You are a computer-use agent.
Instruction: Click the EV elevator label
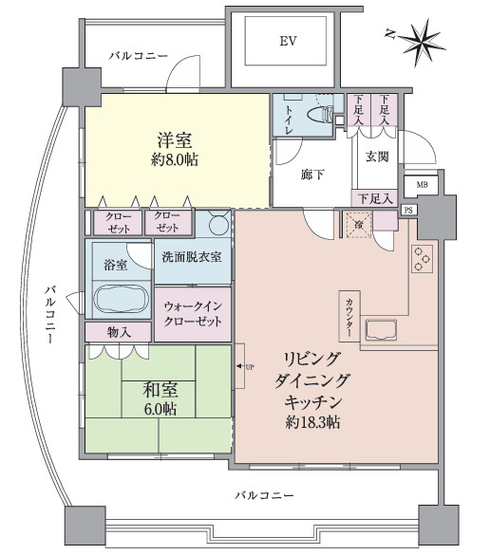point(286,42)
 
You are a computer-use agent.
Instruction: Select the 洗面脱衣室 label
point(191,256)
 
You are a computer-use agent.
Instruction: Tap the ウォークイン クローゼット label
point(193,314)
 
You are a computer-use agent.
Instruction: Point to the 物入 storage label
point(119,332)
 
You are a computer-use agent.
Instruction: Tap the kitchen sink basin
point(382,331)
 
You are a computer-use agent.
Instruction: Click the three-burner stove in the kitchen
point(421,256)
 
